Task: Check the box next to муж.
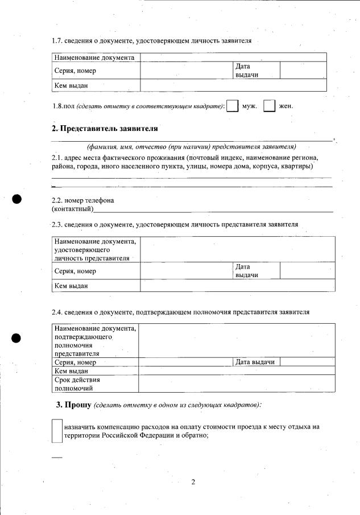[232, 106]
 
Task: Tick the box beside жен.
[270, 106]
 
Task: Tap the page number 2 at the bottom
[193, 483]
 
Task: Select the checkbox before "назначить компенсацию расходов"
[57, 431]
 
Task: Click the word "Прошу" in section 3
[78, 405]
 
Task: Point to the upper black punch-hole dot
[17, 199]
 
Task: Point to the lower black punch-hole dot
[17, 337]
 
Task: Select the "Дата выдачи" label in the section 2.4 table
[255, 362]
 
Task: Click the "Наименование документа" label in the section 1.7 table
[94, 57]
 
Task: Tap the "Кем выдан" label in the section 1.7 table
[71, 85]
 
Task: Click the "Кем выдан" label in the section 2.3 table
[71, 286]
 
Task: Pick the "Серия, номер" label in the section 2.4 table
[75, 362]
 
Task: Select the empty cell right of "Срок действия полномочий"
[236, 384]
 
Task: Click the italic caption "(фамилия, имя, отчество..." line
[191, 147]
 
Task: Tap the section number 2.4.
[57, 312]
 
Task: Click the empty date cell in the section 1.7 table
[303, 71]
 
